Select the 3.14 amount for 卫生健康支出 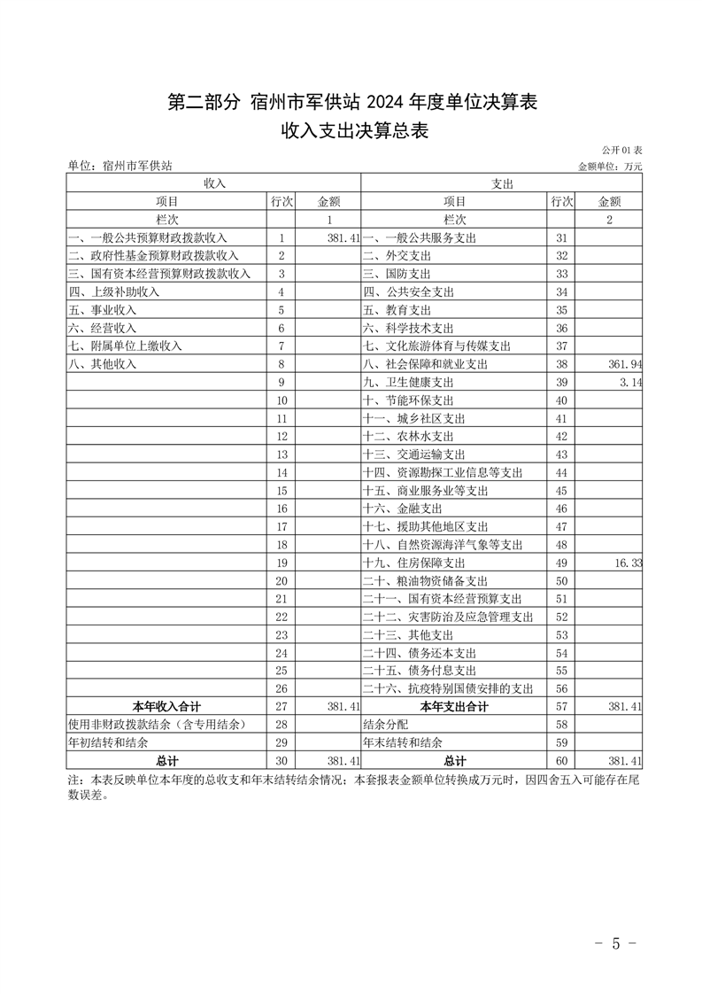pos(630,382)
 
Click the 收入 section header pos(214,183)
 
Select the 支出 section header pos(502,183)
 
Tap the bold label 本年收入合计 pos(166,707)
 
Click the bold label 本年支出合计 pos(455,707)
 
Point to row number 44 pos(561,472)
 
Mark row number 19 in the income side pos(282,563)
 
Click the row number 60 pos(561,761)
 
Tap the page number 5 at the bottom pos(616,942)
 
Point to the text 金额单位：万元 pos(610,166)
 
